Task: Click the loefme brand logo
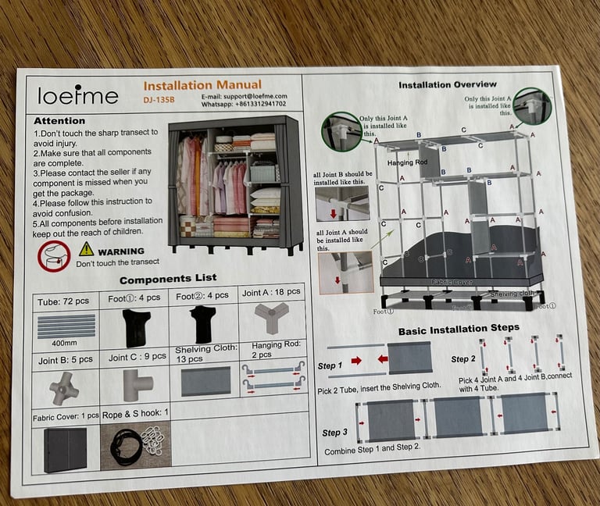[x=78, y=95]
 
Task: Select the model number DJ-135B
[x=159, y=101]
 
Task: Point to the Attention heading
[x=59, y=121]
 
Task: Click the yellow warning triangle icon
[x=86, y=249]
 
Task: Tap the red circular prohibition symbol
[x=54, y=255]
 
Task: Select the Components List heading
[x=168, y=279]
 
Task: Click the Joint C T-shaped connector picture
[x=136, y=384]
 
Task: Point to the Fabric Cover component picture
[x=66, y=450]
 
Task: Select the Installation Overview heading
[x=447, y=84]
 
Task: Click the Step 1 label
[x=330, y=365]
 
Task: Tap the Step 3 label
[x=332, y=433]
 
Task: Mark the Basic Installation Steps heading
[x=459, y=330]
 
